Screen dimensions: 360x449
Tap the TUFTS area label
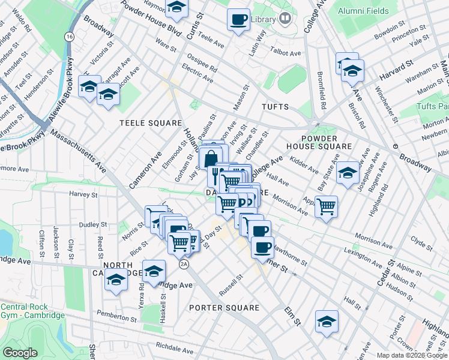[x=275, y=107]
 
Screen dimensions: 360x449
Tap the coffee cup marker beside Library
[x=238, y=19]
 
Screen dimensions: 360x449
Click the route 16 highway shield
[x=70, y=37]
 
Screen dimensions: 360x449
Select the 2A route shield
[x=184, y=263]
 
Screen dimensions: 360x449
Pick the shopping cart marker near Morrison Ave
[x=326, y=207]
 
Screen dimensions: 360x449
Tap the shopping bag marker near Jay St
[x=210, y=160]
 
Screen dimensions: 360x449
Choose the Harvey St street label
[x=83, y=194]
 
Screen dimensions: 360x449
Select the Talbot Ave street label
[x=286, y=53]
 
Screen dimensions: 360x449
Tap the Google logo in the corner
[x=20, y=353]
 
